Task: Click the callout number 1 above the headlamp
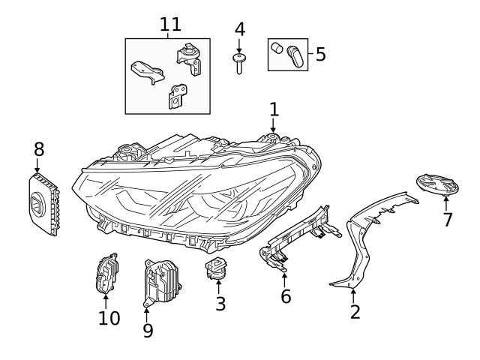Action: pos(274,109)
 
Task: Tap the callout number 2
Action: pos(355,311)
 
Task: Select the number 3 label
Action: pos(220,304)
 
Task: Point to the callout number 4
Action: pos(239,29)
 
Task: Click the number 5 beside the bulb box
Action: pos(320,54)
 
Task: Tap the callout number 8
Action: pos(38,149)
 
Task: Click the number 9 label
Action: pos(147,329)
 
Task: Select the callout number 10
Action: pos(109,318)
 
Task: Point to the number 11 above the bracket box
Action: pos(170,24)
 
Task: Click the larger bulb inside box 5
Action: pos(292,54)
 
